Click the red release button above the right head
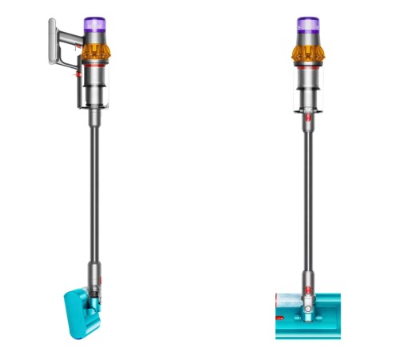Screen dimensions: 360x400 (x=305, y=282)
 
